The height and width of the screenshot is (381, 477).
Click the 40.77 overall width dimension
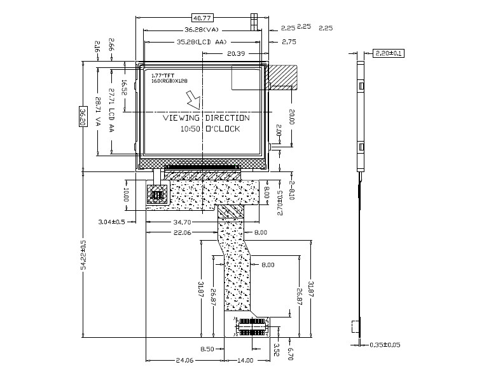(x=202, y=18)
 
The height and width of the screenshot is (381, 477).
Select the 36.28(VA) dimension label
(x=202, y=30)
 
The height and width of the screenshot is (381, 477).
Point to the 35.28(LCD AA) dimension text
(x=201, y=42)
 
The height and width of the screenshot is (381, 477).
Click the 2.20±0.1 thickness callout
(x=389, y=53)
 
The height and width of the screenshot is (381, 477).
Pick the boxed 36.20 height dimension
(x=82, y=116)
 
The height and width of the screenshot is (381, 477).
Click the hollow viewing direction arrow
(x=192, y=100)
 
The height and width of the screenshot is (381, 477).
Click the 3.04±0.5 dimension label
(x=111, y=222)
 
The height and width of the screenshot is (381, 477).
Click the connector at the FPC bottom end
(x=252, y=326)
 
